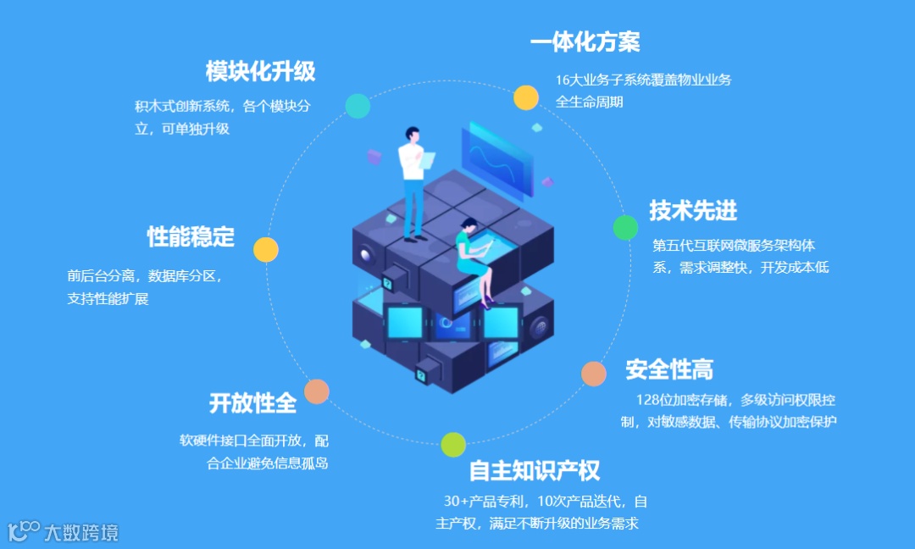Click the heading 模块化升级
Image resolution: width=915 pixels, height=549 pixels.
[x=260, y=71]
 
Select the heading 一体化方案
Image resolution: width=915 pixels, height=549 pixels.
[x=585, y=42]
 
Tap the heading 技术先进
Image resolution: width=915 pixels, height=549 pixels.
[x=693, y=210]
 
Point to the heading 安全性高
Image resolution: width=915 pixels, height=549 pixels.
[x=669, y=369]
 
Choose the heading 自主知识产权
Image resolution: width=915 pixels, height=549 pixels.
[x=535, y=471]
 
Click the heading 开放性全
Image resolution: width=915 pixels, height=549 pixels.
[x=252, y=403]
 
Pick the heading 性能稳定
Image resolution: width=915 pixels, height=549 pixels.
[x=191, y=236]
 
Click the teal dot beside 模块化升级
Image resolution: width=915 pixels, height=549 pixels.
[x=358, y=106]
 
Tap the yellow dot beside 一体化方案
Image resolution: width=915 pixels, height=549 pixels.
[x=526, y=97]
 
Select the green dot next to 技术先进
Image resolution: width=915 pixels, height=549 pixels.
[x=625, y=227]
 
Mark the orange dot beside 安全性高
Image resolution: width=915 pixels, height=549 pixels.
[x=594, y=374]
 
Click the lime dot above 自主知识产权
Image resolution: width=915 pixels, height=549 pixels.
[x=453, y=444]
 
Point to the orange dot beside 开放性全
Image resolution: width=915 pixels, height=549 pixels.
[x=317, y=391]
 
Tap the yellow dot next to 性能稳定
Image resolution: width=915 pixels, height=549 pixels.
[x=266, y=249]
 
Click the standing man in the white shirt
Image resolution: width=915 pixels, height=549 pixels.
[x=413, y=182]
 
